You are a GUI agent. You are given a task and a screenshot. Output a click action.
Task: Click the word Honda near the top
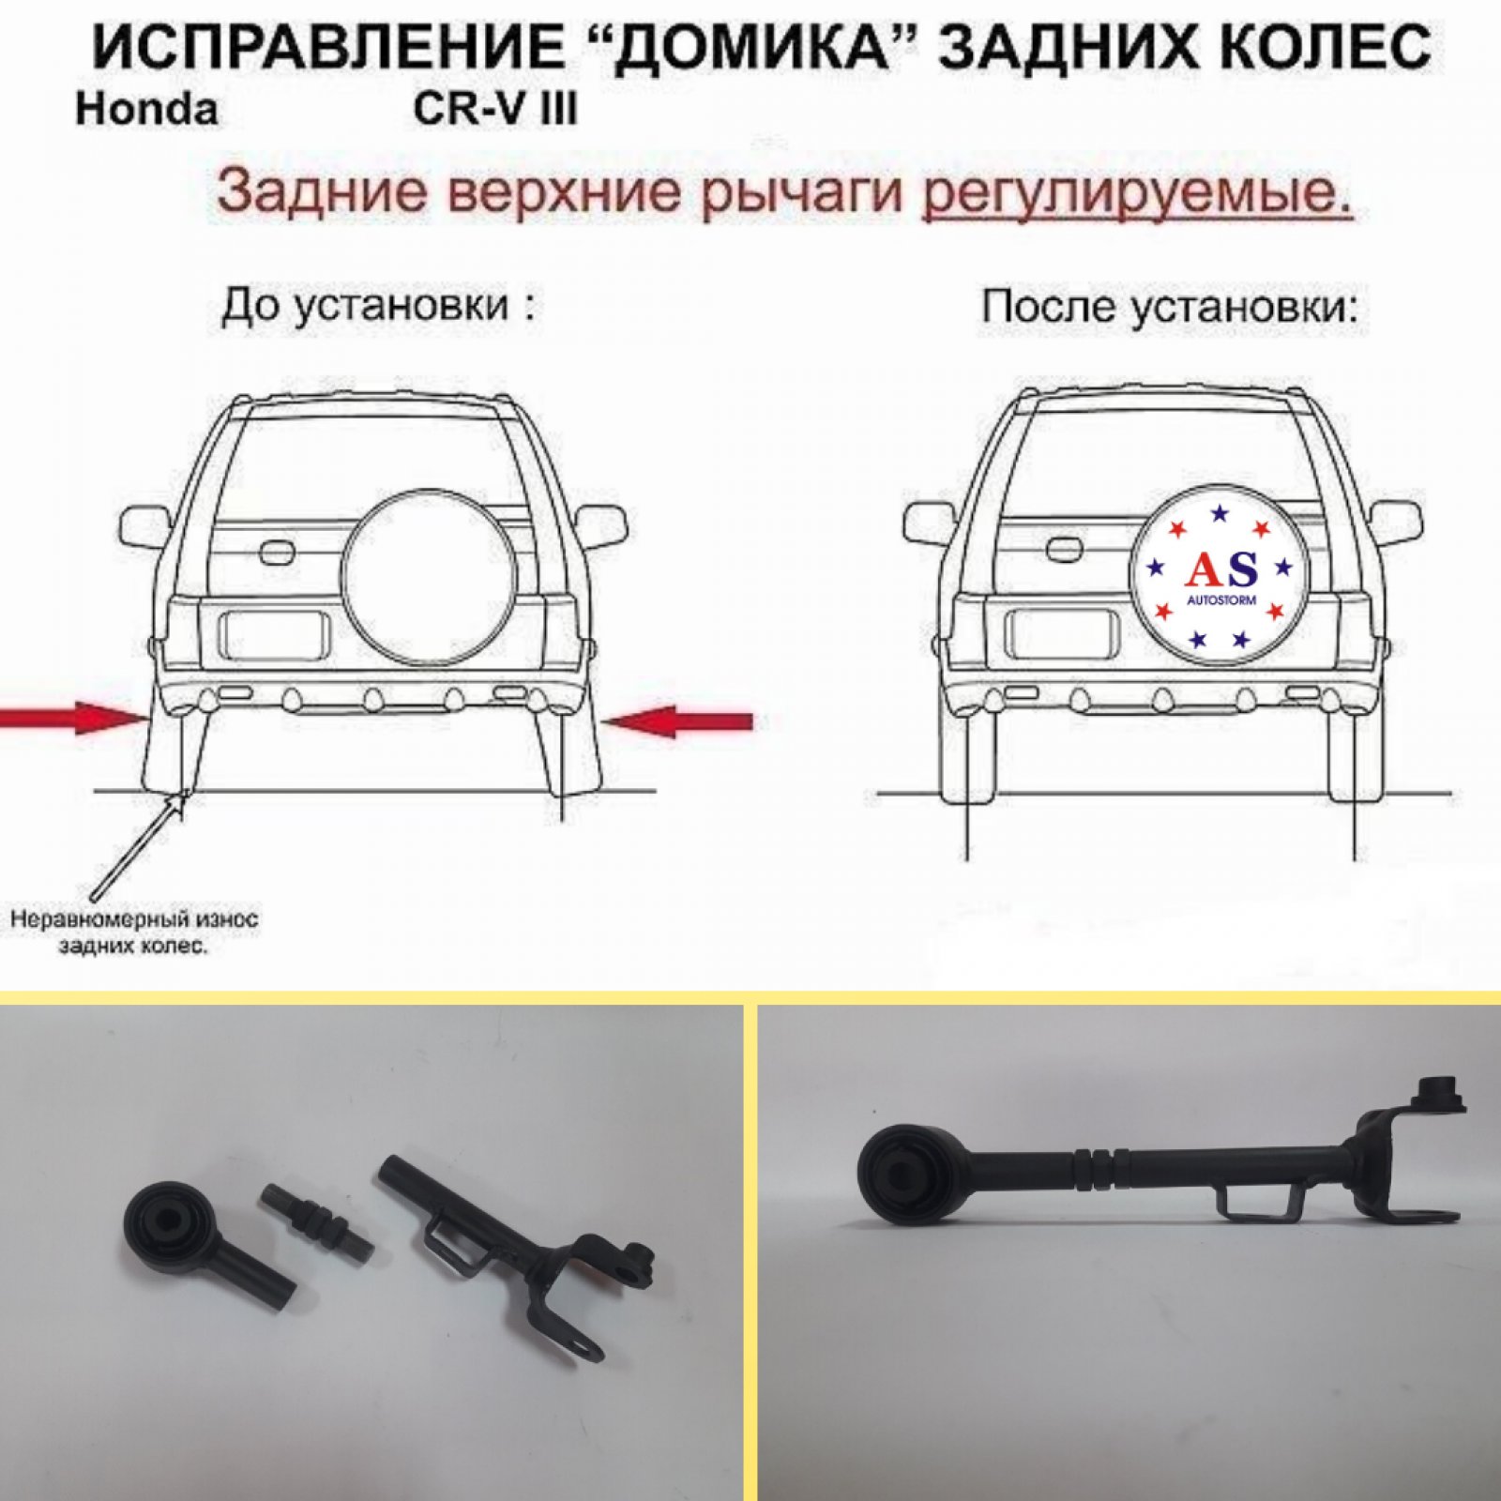click(x=146, y=109)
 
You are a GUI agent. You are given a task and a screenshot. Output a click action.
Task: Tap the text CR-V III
click(x=495, y=109)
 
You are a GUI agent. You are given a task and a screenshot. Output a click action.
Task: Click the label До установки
click(x=378, y=306)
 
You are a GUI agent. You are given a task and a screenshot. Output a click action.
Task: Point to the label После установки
click(x=1169, y=307)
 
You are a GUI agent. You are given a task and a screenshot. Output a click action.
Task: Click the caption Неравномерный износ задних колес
click(x=134, y=931)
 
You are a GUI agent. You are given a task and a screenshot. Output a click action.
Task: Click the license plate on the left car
click(x=273, y=634)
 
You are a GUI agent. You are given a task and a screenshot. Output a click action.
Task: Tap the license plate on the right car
click(x=1061, y=634)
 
